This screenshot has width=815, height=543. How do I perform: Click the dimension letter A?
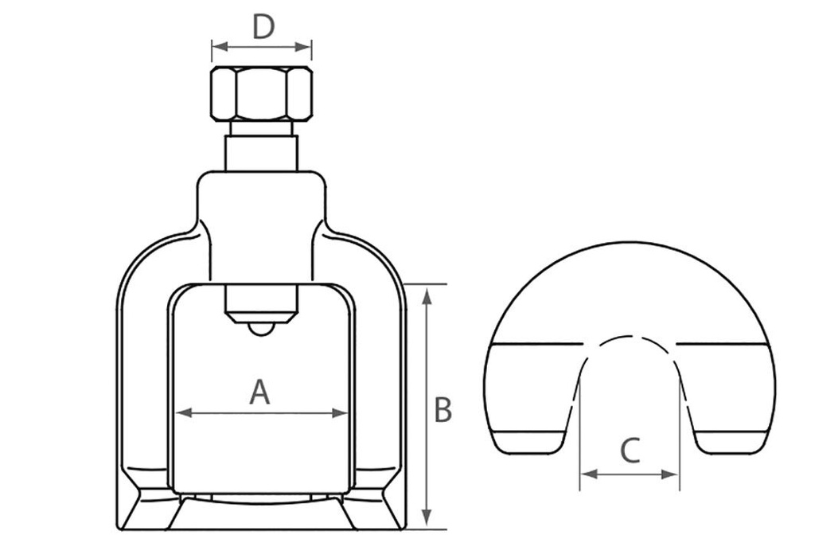pyautogui.click(x=260, y=393)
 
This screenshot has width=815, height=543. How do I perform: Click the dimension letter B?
pyautogui.click(x=443, y=410)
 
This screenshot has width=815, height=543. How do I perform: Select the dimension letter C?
pyautogui.click(x=630, y=451)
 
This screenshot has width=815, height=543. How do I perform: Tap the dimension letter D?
pyautogui.click(x=263, y=27)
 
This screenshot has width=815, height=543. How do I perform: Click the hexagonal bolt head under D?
pyautogui.click(x=261, y=94)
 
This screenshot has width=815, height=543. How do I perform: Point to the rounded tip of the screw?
pyautogui.click(x=261, y=328)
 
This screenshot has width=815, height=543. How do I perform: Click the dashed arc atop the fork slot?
pyautogui.click(x=630, y=338)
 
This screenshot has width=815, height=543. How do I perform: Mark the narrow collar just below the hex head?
pyautogui.click(x=261, y=128)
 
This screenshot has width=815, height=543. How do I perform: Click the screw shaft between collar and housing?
pyautogui.click(x=261, y=153)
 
